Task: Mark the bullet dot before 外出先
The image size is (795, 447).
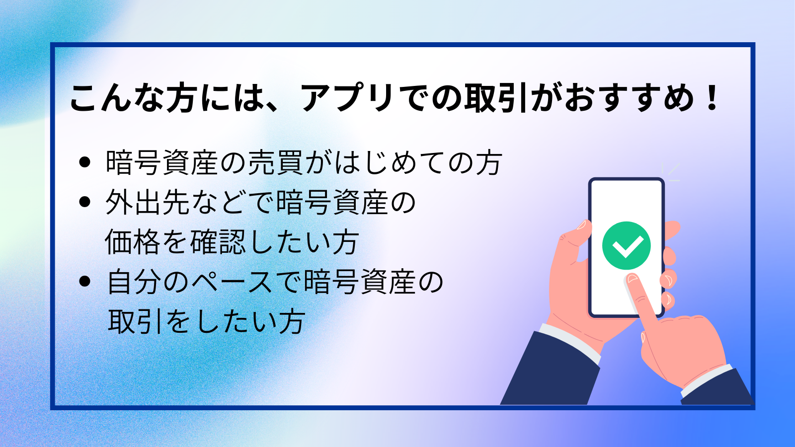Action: coord(85,202)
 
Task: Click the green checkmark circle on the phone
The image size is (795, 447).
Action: coord(627,245)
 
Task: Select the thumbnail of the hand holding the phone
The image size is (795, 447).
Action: coord(582,225)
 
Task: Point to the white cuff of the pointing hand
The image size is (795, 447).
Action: coord(706,380)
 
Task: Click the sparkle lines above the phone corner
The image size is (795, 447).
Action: coord(671,172)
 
